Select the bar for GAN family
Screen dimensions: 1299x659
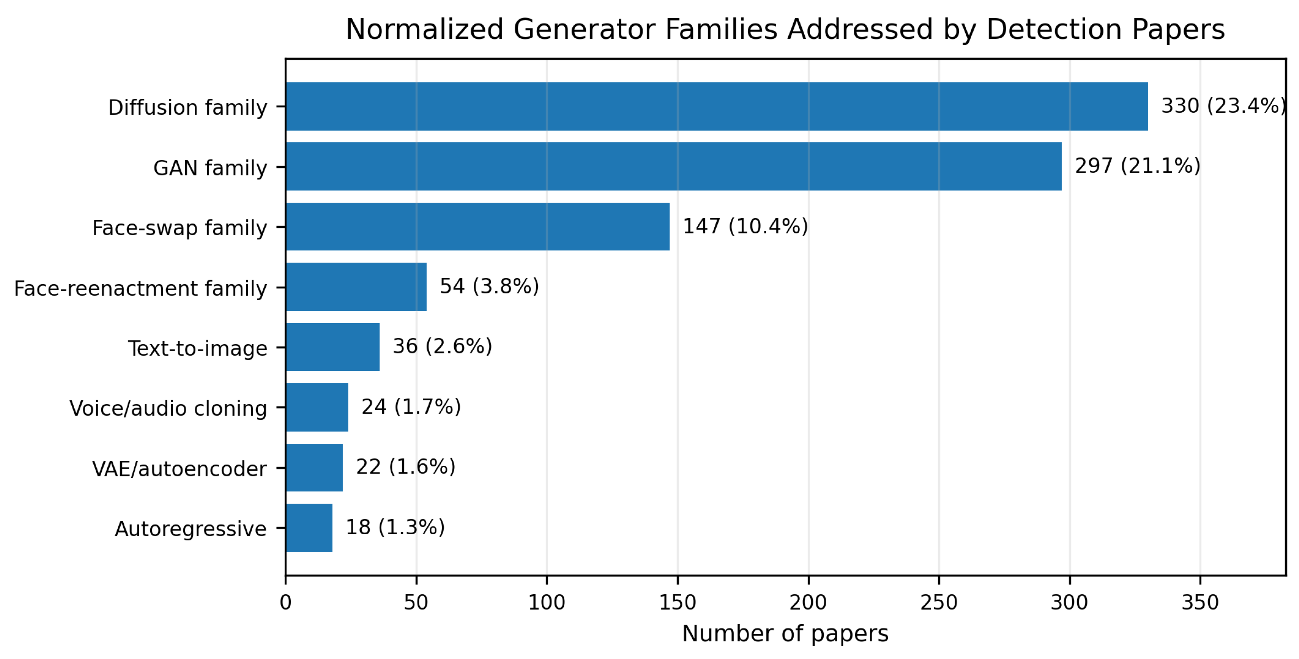point(674,166)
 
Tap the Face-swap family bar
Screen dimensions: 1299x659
point(478,226)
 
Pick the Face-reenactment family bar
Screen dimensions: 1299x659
point(356,287)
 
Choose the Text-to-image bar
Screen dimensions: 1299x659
point(333,347)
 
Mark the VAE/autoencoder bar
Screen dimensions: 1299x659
point(314,468)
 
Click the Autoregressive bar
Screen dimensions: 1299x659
point(309,528)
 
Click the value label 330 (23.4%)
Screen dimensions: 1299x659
point(1223,106)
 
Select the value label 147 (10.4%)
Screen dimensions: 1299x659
point(745,226)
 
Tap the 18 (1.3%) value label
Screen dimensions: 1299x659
point(395,528)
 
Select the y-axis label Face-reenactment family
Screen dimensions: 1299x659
point(140,288)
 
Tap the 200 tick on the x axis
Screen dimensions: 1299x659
point(808,603)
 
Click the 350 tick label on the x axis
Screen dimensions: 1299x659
point(1200,603)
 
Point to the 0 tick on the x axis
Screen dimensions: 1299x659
point(285,603)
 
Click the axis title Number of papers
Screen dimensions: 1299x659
point(785,634)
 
